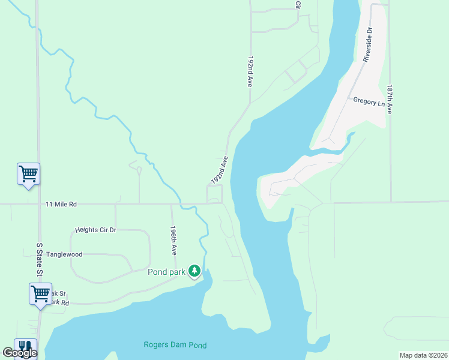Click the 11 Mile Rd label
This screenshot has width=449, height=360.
point(61,204)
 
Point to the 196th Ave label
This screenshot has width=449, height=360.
point(173,241)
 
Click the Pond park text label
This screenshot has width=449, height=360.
point(166,272)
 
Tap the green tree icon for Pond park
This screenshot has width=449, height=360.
point(194,271)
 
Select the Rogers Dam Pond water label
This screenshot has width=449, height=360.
point(175,345)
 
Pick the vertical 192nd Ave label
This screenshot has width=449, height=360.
point(249,73)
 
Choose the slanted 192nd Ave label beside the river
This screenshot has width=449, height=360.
point(220,170)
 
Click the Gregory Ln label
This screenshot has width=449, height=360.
point(369,102)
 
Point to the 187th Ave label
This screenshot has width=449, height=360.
point(390,99)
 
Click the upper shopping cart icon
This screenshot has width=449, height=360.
point(28,174)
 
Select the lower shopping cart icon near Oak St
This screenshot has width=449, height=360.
point(40,294)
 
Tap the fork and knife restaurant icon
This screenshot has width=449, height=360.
point(25,347)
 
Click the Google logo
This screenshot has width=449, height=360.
point(20,353)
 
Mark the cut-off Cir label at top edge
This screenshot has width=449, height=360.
point(297,4)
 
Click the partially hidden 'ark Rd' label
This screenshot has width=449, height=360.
point(58,302)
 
